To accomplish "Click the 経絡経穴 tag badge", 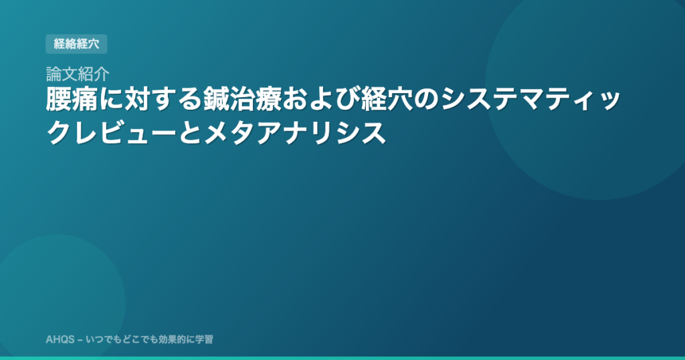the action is [x=76, y=43].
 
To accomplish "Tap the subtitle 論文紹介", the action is [x=78, y=74].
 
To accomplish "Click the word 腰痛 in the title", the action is [x=71, y=100].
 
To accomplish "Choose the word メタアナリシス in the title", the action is [x=295, y=132].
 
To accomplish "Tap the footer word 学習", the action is [x=204, y=339].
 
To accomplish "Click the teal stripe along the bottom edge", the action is [x=342, y=358].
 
